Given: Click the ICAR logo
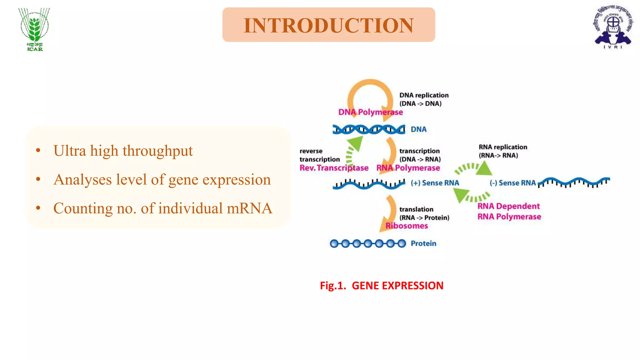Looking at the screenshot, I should [34, 29].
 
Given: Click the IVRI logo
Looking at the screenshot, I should [613, 27].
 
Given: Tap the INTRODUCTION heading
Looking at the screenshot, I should [328, 25].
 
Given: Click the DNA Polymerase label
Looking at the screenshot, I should [370, 112].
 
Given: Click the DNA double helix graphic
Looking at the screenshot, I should [369, 129].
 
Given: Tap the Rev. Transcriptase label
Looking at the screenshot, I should [334, 168].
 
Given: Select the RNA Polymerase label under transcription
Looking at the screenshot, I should [408, 168].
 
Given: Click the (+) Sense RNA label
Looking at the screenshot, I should [435, 183].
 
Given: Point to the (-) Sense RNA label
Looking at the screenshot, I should [512, 183].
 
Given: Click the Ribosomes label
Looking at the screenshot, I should [406, 226].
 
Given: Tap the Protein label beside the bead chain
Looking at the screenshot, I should [423, 243].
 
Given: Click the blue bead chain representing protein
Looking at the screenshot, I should [368, 243].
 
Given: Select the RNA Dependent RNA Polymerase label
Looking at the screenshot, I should [509, 211].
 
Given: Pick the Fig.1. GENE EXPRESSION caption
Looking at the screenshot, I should [382, 286].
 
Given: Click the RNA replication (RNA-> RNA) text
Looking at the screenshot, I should [502, 151].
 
